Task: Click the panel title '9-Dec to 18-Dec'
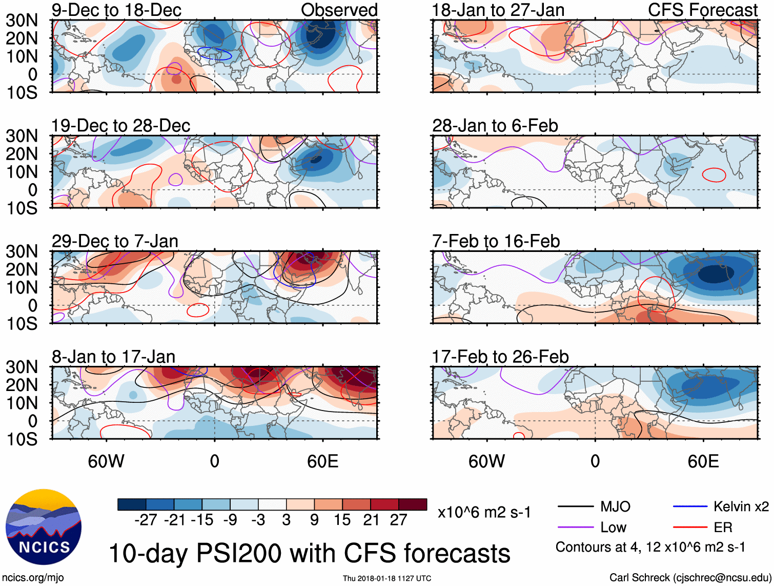(116, 10)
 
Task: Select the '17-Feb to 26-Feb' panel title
(500, 357)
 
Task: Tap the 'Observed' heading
(339, 10)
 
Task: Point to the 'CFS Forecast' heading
(703, 10)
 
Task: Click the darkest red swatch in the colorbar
(413, 504)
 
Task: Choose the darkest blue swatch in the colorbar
(132, 504)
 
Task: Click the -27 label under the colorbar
(146, 520)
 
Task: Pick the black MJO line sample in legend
(576, 507)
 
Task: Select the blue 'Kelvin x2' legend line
(690, 506)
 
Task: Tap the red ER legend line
(690, 527)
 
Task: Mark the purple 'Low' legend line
(576, 527)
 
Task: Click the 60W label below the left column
(106, 461)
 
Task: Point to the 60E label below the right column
(703, 461)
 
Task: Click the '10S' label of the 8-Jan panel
(22, 439)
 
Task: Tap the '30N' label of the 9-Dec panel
(22, 21)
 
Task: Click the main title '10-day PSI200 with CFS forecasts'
(310, 553)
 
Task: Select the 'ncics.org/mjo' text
(33, 578)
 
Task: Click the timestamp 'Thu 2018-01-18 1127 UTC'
(387, 578)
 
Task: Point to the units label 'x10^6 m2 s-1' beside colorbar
(484, 512)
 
